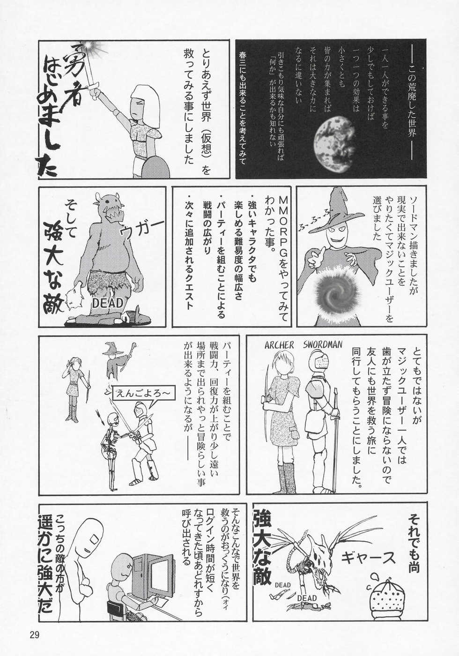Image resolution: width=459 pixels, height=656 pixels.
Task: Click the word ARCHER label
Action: point(279,345)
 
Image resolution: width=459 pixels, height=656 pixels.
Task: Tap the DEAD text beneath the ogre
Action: point(107,303)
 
